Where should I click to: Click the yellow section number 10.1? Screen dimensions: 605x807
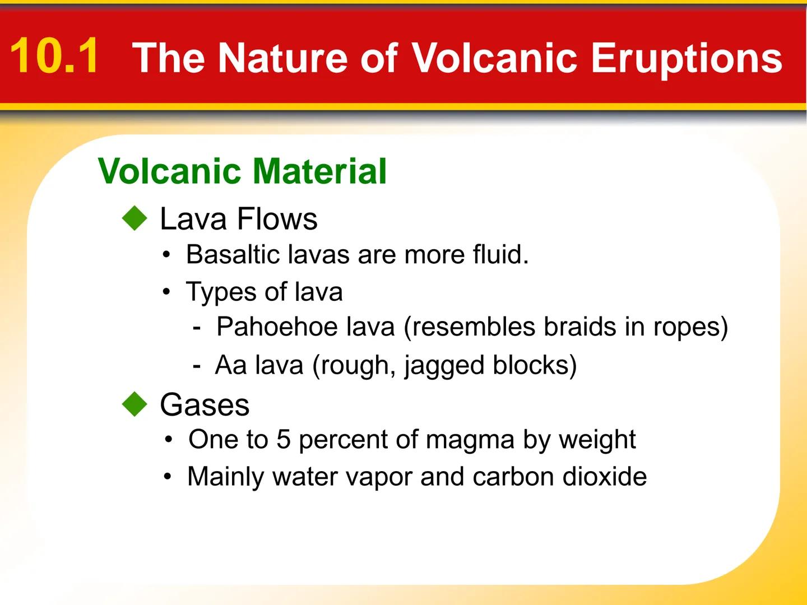(x=54, y=56)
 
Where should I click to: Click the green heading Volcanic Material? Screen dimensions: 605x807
(x=242, y=171)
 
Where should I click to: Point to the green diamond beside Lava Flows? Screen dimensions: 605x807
(x=134, y=218)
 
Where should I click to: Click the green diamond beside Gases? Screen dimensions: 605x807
(x=134, y=404)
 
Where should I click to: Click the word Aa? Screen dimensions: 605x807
(x=231, y=365)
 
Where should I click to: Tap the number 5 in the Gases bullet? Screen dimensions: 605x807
(x=283, y=439)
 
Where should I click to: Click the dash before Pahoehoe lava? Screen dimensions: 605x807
(x=196, y=328)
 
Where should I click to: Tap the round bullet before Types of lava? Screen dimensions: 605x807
(x=166, y=292)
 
